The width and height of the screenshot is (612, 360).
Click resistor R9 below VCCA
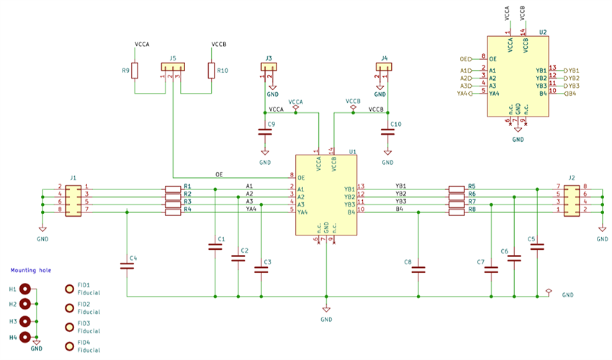(x=135, y=71)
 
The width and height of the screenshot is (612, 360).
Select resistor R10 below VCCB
(x=212, y=71)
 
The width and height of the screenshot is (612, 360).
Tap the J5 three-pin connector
(x=173, y=67)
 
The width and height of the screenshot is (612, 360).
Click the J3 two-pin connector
(x=268, y=67)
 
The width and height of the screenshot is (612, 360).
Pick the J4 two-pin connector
(x=384, y=67)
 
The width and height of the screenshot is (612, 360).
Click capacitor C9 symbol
(x=265, y=132)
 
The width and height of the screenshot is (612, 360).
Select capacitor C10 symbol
(x=388, y=132)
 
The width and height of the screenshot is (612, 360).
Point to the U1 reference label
(x=353, y=152)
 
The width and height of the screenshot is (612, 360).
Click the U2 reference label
(x=543, y=32)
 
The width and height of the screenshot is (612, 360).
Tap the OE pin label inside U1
(x=302, y=177)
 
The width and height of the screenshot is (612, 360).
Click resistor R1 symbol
(x=173, y=189)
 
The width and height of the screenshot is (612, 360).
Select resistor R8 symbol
(x=457, y=213)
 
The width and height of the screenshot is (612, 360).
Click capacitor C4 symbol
(x=127, y=266)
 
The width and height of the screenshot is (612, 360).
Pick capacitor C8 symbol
(x=418, y=270)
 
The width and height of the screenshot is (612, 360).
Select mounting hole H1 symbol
(x=26, y=289)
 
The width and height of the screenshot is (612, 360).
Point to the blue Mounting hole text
(x=30, y=271)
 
